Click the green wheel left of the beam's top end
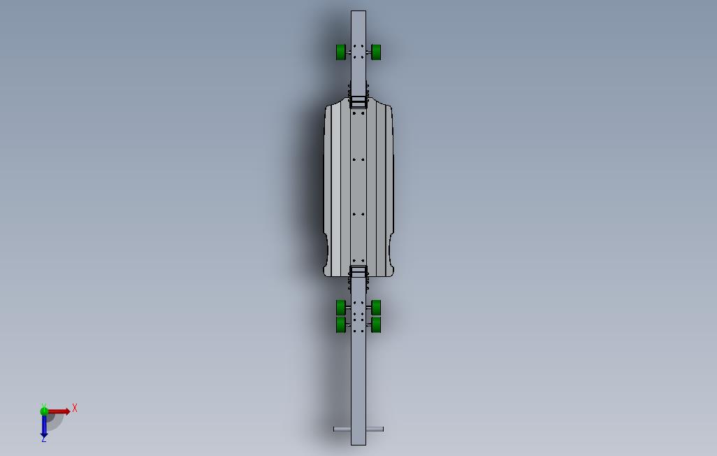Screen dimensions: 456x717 (x=341, y=52)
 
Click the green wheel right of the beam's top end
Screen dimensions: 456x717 (x=376, y=52)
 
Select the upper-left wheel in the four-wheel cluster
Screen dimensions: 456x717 (x=341, y=307)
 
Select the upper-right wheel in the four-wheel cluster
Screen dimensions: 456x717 (x=376, y=307)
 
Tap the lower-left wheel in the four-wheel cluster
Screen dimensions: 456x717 (x=341, y=325)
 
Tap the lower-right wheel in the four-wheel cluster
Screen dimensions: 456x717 (x=376, y=325)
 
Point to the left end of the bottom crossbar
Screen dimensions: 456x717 (x=336, y=429)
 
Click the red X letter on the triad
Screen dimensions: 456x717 (x=75, y=408)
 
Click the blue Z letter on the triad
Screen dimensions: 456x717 (x=43, y=439)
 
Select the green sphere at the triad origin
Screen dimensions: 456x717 (x=44, y=411)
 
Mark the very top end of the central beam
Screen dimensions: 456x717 (x=358, y=13)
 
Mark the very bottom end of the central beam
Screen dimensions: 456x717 (x=358, y=443)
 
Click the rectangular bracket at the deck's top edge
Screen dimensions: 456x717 (x=358, y=102)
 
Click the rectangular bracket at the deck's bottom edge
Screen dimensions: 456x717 (x=358, y=271)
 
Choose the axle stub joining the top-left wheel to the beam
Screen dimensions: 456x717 (x=348, y=52)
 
